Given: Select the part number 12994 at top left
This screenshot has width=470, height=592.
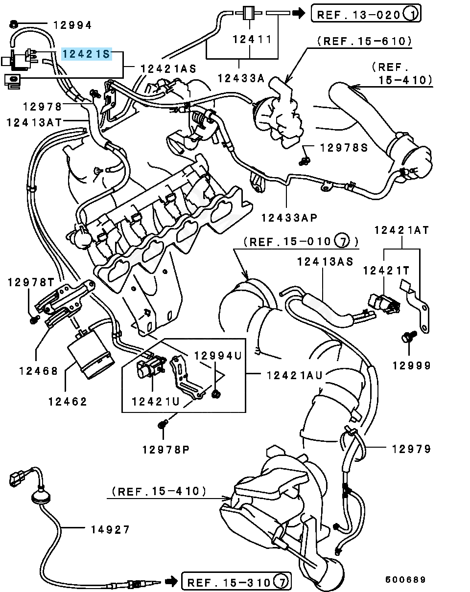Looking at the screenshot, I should pyautogui.click(x=72, y=25).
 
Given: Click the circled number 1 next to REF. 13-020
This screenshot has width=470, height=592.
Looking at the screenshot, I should pyautogui.click(x=411, y=14).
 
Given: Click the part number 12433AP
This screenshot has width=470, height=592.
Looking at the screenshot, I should pyautogui.click(x=289, y=217).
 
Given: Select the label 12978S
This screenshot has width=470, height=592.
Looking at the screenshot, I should pyautogui.click(x=344, y=147).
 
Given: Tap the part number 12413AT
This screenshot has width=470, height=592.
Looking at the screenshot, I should pyautogui.click(x=35, y=122).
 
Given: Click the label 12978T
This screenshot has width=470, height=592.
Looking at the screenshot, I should pyautogui.click(x=30, y=282).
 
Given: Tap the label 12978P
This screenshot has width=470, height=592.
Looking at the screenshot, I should pyautogui.click(x=166, y=449).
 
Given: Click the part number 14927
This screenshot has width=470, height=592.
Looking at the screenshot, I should pyautogui.click(x=110, y=529).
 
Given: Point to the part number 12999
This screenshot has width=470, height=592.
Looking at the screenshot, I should pyautogui.click(x=411, y=365).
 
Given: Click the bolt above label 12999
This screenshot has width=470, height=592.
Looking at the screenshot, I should pyautogui.click(x=408, y=337).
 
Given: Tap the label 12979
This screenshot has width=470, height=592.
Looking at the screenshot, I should pyautogui.click(x=411, y=449).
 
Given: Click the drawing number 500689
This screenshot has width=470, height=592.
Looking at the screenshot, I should pyautogui.click(x=405, y=580).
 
